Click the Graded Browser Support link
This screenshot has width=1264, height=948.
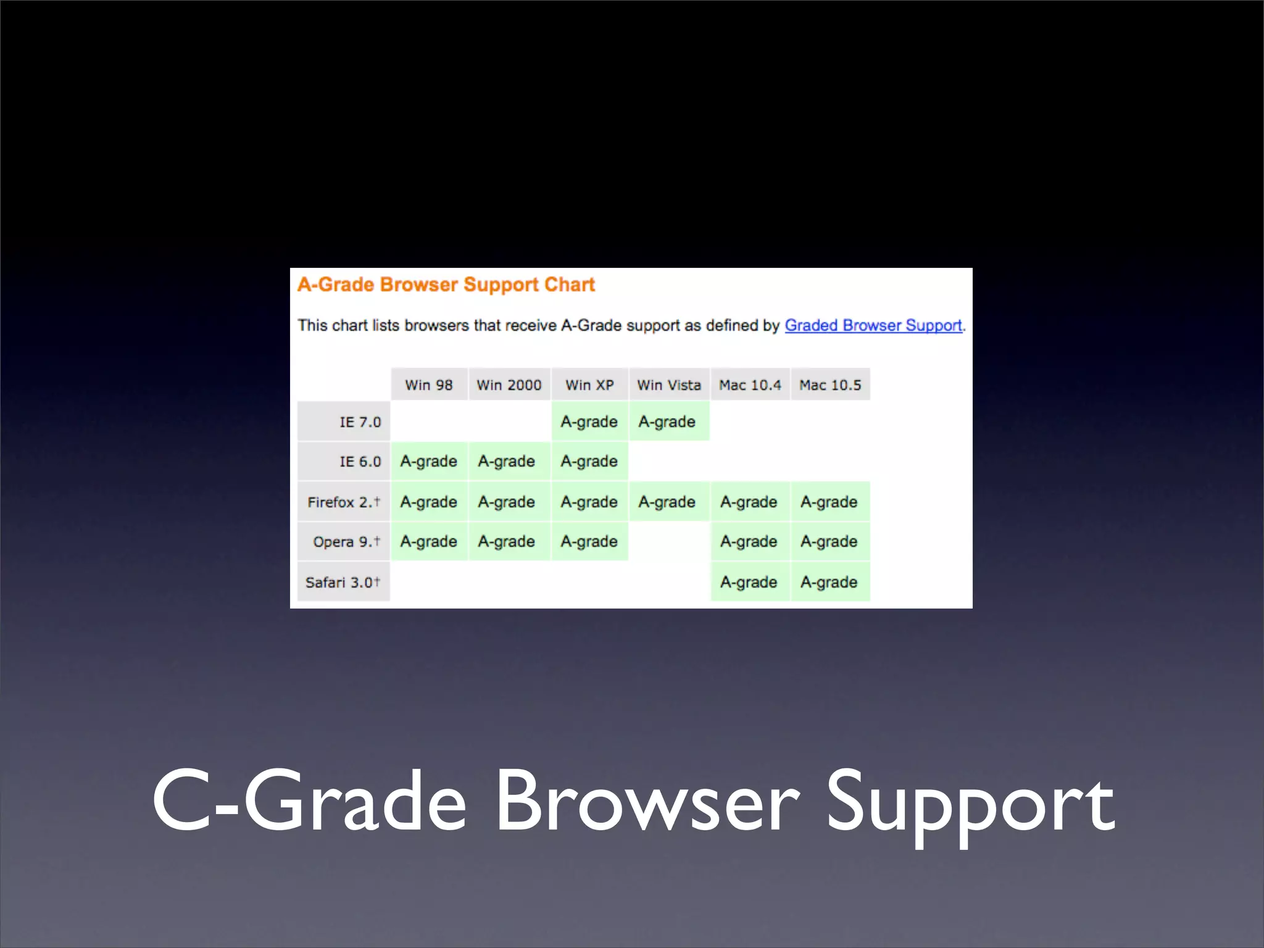[x=873, y=325]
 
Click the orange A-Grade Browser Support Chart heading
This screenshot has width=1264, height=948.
[x=446, y=285]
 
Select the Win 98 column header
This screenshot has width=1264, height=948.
[x=429, y=385]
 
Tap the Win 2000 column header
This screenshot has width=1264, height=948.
[x=509, y=385]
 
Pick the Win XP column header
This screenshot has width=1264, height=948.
[x=589, y=385]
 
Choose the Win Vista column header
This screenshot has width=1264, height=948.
[x=669, y=385]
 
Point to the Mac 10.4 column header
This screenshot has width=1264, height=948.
[x=750, y=385]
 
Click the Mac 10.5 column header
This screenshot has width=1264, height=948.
[x=830, y=385]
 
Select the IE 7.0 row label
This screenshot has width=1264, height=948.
[x=360, y=422]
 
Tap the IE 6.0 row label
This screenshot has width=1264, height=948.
[x=360, y=462]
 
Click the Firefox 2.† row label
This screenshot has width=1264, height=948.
[x=344, y=502]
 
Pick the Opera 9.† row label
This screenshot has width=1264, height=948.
[x=346, y=542]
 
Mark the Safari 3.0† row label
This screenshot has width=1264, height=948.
[x=343, y=582]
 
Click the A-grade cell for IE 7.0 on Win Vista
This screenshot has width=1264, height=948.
[x=668, y=422]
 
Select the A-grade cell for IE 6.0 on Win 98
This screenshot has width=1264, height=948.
[x=429, y=462]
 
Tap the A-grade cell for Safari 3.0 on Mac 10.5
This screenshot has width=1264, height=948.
[x=829, y=582]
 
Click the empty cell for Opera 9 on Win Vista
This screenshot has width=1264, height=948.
[x=669, y=542]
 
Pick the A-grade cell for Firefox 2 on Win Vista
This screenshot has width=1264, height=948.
[x=668, y=502]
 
